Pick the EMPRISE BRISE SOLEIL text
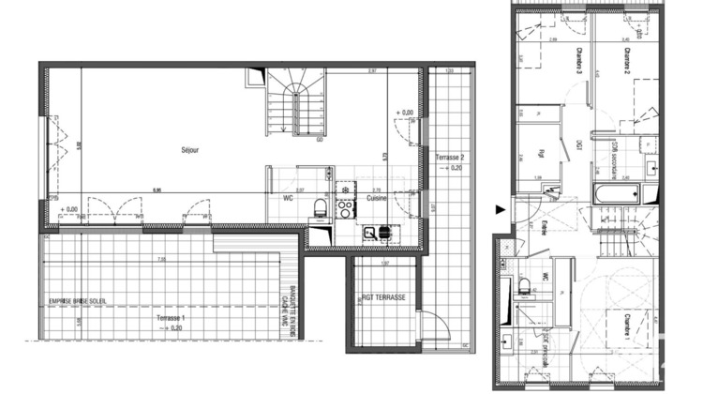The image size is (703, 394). (x=78, y=300)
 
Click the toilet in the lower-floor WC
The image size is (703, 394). (x=319, y=206)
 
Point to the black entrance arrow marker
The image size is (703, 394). (x=500, y=209)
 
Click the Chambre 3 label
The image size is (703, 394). (x=589, y=64)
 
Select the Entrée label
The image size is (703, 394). (x=545, y=228)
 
